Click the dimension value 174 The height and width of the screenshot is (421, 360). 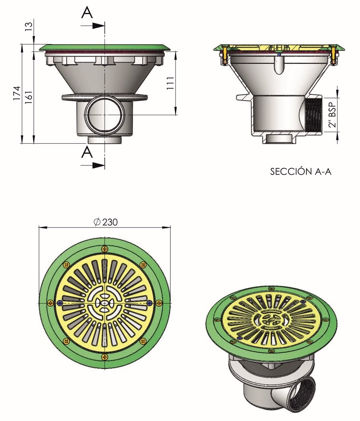pos(17,93)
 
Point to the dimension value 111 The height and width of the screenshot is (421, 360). pos(170,83)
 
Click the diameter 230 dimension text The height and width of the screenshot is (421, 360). pos(106,222)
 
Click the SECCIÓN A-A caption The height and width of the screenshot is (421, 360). pos(301,171)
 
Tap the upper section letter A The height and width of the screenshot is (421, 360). pos(87,12)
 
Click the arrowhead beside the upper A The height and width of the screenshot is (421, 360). pos(98,26)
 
